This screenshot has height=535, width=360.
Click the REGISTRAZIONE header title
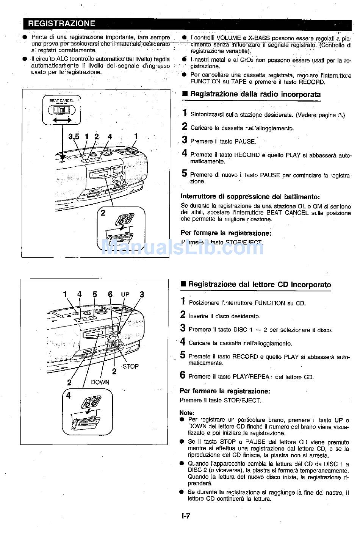point(61,23)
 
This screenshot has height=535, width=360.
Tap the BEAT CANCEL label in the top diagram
point(61,100)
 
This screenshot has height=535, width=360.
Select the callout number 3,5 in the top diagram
point(74,137)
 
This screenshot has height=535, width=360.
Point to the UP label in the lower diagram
point(125,294)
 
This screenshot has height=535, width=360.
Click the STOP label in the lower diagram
point(130,366)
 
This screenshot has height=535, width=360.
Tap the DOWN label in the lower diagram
point(100,382)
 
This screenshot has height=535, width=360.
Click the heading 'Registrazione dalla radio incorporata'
point(255,94)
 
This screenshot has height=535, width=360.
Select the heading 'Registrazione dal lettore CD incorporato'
point(260,285)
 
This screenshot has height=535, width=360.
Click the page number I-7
point(185,516)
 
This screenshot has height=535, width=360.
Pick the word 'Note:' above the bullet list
point(187,413)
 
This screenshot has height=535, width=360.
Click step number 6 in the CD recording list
point(183,375)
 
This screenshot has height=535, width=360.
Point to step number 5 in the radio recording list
point(184,174)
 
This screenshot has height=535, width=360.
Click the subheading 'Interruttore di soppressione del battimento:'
point(250,197)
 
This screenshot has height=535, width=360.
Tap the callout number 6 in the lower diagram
point(110,294)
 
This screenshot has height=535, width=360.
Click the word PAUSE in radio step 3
point(245,142)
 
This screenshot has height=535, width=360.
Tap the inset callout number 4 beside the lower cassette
point(69,396)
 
